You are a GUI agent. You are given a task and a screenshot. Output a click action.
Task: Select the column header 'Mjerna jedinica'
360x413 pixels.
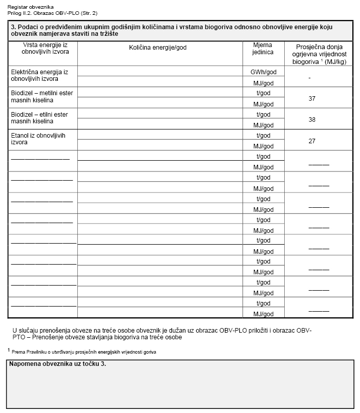point(263,49)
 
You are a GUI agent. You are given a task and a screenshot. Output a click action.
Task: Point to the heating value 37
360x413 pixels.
point(312,98)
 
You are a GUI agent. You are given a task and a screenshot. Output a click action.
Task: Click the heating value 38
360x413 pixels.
point(312,119)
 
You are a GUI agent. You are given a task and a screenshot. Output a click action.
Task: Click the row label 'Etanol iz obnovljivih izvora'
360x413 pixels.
point(36,139)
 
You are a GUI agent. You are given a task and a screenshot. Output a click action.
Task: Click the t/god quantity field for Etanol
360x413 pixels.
point(160,135)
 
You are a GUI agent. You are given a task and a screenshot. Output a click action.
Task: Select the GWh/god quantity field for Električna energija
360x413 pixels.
point(160,72)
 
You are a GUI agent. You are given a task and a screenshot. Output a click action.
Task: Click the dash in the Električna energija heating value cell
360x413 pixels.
point(310,78)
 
